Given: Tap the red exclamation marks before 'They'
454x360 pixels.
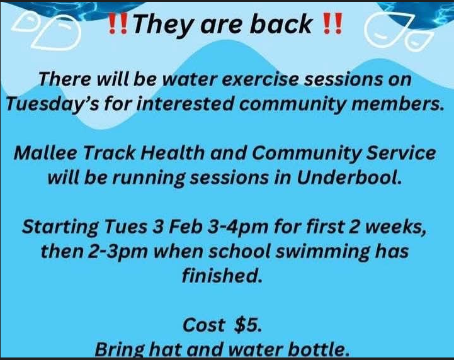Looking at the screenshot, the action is [117, 24].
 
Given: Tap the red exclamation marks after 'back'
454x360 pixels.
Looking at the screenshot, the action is [332, 24].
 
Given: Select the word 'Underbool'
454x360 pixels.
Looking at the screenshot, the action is [349, 177].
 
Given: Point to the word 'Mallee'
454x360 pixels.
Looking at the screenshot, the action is [45, 152].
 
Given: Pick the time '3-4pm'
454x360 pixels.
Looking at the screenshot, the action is [237, 227].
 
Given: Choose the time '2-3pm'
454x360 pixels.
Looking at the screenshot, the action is [118, 252].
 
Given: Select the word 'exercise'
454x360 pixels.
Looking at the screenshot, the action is [261, 79].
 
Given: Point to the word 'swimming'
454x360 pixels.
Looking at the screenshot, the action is [322, 252].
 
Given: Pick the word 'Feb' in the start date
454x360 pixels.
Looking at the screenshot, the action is [185, 227].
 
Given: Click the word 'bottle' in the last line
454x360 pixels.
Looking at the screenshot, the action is [315, 349].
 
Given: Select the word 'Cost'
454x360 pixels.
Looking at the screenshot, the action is [203, 325].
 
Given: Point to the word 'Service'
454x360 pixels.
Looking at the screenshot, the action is [401, 152].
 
